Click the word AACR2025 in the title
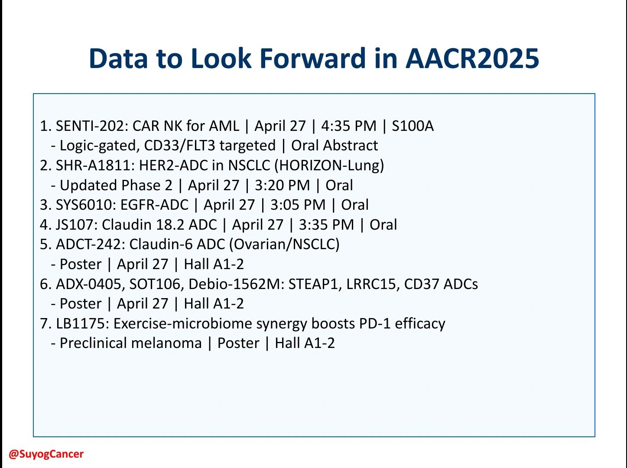pyautogui.click(x=472, y=58)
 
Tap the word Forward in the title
pyautogui.click(x=312, y=58)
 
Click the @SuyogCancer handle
pyautogui.click(x=46, y=454)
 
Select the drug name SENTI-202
pyautogui.click(x=92, y=126)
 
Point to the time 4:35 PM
pyautogui.click(x=349, y=126)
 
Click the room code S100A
pyautogui.click(x=413, y=126)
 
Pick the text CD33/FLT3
pyautogui.click(x=180, y=145)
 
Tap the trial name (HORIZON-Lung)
pyautogui.click(x=329, y=166)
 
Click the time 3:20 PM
pyautogui.click(x=282, y=185)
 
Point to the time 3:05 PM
pyautogui.click(x=298, y=205)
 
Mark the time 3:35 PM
pyautogui.click(x=326, y=224)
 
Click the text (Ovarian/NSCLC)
pyautogui.click(x=285, y=244)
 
